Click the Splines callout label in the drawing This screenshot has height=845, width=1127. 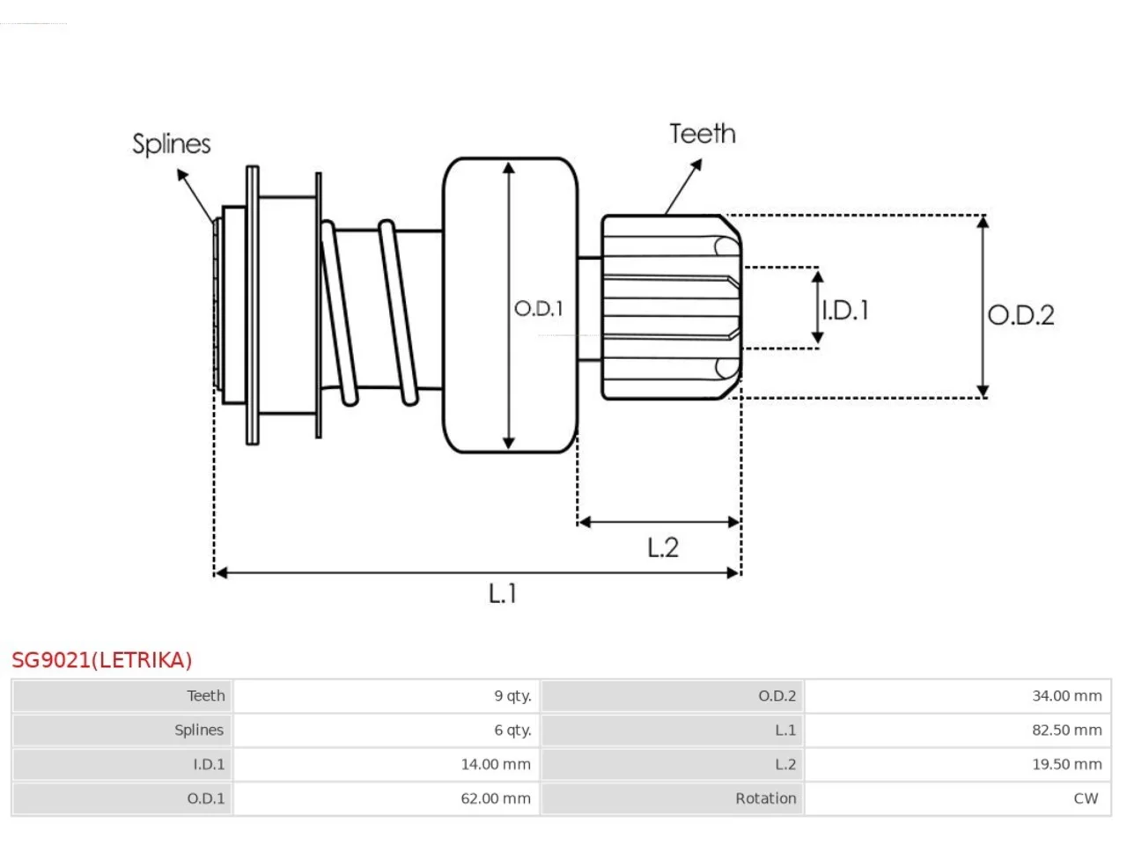171,144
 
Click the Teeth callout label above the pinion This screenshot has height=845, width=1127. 703,134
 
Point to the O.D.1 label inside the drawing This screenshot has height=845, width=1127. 539,308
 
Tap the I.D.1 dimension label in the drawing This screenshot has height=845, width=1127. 845,311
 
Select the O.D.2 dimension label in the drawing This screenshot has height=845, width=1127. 1020,315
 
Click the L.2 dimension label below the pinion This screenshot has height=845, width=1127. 663,547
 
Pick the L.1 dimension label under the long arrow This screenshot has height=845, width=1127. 502,593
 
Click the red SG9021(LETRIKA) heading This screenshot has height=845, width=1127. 101,660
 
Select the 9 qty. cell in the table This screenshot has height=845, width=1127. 387,695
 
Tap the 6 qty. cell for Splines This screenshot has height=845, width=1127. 387,730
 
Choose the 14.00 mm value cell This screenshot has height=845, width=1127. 387,764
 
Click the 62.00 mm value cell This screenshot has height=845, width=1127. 387,798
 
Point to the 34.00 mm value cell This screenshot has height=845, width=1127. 958,695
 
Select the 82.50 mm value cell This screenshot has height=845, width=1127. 958,730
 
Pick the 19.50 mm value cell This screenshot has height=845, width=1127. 958,764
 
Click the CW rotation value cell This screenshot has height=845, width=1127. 958,798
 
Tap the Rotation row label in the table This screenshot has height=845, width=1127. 765,798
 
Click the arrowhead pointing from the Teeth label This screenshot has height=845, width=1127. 696,165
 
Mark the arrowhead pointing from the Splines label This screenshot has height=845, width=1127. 182,175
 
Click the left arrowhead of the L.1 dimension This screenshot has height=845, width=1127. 221,572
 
